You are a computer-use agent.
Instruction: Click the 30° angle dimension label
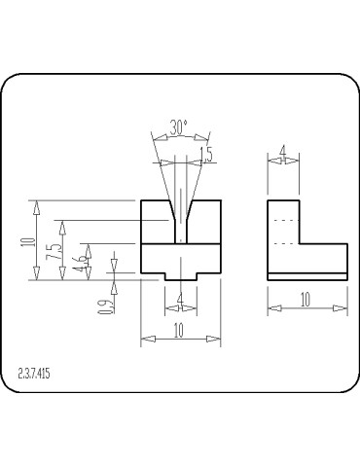point(178,127)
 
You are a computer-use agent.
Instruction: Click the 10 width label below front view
point(179,331)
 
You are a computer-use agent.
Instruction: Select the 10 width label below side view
point(306,301)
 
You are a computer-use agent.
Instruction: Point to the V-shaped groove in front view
point(180,208)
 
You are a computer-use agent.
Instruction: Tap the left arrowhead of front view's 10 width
point(147,339)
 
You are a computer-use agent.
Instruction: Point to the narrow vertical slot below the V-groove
point(180,231)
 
